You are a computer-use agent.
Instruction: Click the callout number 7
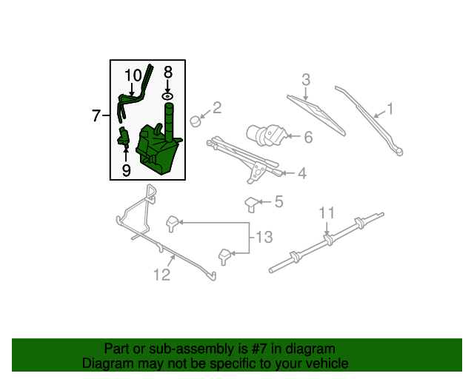[96, 115]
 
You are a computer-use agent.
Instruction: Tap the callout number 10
[133, 76]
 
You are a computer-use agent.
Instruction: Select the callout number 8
[168, 73]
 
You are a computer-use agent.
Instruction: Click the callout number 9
[127, 170]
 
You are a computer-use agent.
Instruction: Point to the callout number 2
[217, 108]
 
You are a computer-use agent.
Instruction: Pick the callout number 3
[306, 79]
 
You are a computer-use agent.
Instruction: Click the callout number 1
[390, 109]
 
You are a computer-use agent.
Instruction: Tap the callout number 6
[308, 137]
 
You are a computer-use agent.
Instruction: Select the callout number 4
[302, 173]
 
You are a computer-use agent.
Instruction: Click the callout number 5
[278, 201]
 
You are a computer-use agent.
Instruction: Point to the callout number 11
[327, 212]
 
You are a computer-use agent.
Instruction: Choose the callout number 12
[161, 275]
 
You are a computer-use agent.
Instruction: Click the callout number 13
[264, 238]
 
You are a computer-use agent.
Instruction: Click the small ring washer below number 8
[167, 96]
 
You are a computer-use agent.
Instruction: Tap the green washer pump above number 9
[124, 136]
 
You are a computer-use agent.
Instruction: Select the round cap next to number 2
[196, 121]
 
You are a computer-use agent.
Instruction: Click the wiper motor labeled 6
[266, 135]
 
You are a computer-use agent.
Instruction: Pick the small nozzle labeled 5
[251, 204]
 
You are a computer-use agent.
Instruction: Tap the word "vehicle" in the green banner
[327, 363]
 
